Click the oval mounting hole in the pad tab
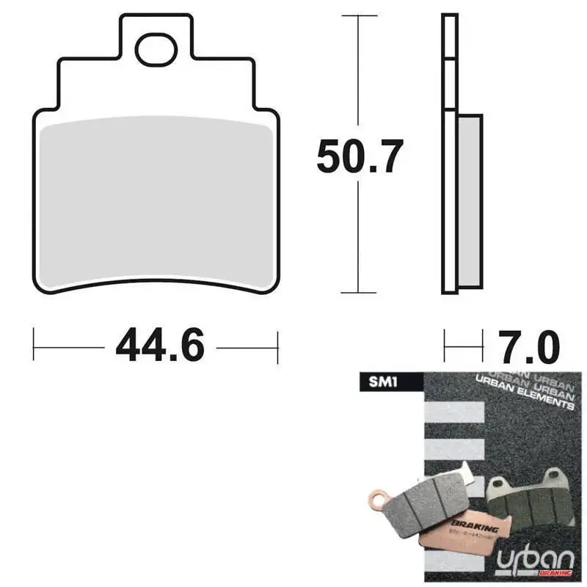coord(156,49)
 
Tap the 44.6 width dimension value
coord(160,347)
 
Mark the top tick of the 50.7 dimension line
coord(357,15)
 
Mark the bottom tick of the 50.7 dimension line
coord(357,292)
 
